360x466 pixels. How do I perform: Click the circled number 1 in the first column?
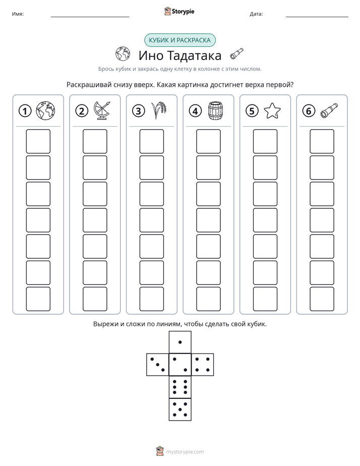(25, 111)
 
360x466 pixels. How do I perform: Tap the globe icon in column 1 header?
(45, 110)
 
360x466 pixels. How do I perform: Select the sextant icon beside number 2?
(102, 110)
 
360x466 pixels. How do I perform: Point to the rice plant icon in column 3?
(159, 110)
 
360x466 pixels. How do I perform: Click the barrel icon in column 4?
(216, 110)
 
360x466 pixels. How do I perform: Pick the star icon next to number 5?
(272, 110)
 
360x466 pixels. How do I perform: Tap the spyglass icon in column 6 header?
(329, 110)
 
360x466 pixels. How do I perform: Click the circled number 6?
(309, 111)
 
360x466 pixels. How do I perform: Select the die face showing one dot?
(180, 342)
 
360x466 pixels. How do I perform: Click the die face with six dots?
(180, 387)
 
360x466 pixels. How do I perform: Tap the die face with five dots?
(180, 409)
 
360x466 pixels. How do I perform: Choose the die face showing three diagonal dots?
(158, 365)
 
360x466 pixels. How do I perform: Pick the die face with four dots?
(203, 365)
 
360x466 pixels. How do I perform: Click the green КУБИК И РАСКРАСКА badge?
(179, 40)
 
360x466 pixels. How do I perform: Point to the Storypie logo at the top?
(179, 11)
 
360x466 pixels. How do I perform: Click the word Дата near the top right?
(256, 14)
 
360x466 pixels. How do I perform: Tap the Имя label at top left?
(18, 14)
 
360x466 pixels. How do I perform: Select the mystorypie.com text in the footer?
(185, 452)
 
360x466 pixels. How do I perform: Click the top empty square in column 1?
(38, 141)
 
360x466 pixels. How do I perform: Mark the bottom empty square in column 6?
(322, 299)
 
